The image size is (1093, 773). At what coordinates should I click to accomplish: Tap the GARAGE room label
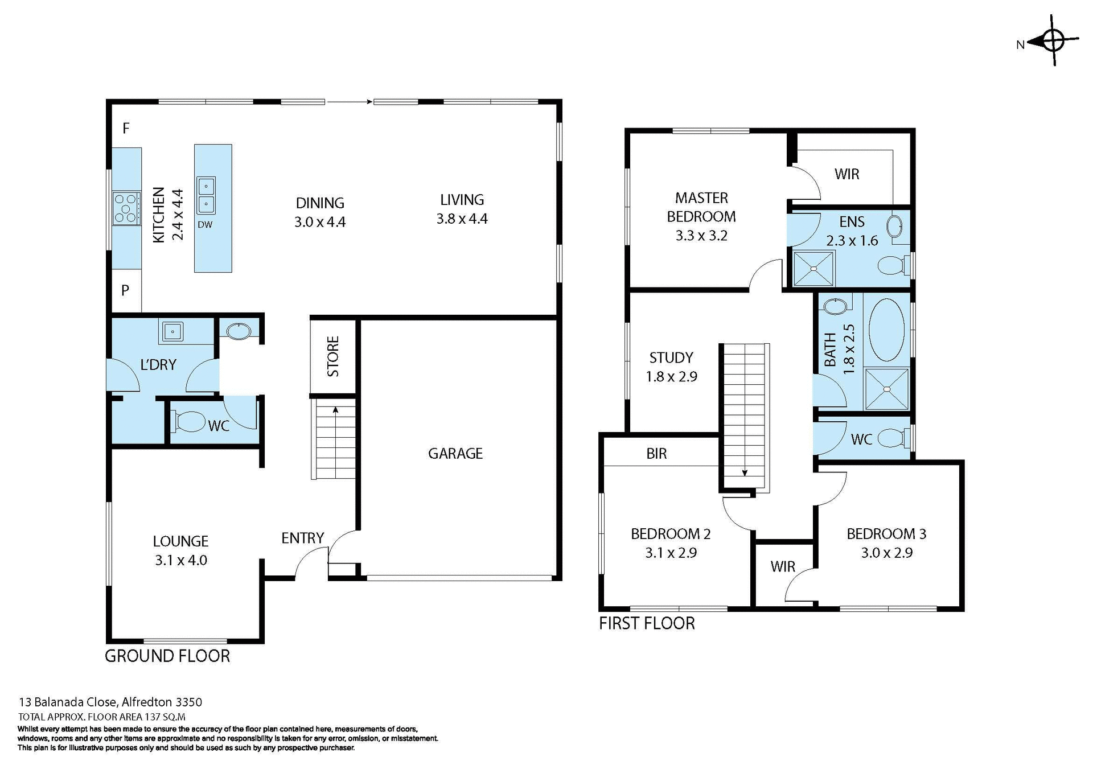[x=455, y=453]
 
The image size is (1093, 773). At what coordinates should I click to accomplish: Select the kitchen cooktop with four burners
[x=126, y=208]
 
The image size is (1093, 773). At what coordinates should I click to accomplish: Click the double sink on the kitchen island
[x=206, y=195]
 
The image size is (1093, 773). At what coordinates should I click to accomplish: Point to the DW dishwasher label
[x=205, y=225]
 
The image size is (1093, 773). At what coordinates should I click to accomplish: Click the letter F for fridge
[x=126, y=128]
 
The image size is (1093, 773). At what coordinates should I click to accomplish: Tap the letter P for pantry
[x=125, y=290]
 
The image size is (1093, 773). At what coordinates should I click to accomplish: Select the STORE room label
[x=333, y=356]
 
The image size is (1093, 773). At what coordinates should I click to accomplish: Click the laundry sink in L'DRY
[x=171, y=331]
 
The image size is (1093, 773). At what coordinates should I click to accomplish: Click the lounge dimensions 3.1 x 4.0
[x=180, y=560]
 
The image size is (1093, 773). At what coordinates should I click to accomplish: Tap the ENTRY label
[x=302, y=538]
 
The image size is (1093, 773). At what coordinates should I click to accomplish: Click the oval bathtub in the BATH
[x=886, y=330]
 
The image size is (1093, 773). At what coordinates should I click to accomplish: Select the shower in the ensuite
[x=813, y=268]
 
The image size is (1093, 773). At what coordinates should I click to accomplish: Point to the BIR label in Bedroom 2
[x=656, y=454]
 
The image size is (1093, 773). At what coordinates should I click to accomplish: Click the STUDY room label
[x=671, y=357]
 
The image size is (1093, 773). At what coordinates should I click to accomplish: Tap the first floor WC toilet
[x=891, y=438]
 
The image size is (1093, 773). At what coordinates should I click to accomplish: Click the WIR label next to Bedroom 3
[x=782, y=566]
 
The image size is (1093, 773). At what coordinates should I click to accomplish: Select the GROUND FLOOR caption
[x=167, y=656]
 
